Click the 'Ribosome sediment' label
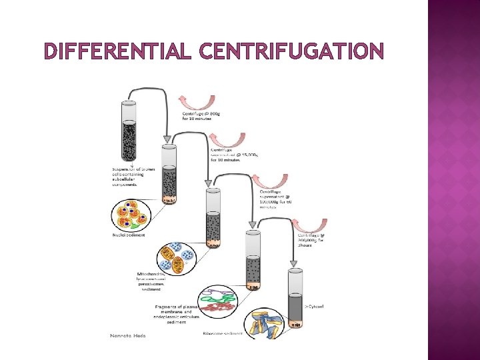coord(223,333)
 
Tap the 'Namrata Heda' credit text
coord(127,335)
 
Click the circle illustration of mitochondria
coord(176,257)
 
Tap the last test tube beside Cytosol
coord(295,298)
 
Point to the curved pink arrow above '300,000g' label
coord(312,225)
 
